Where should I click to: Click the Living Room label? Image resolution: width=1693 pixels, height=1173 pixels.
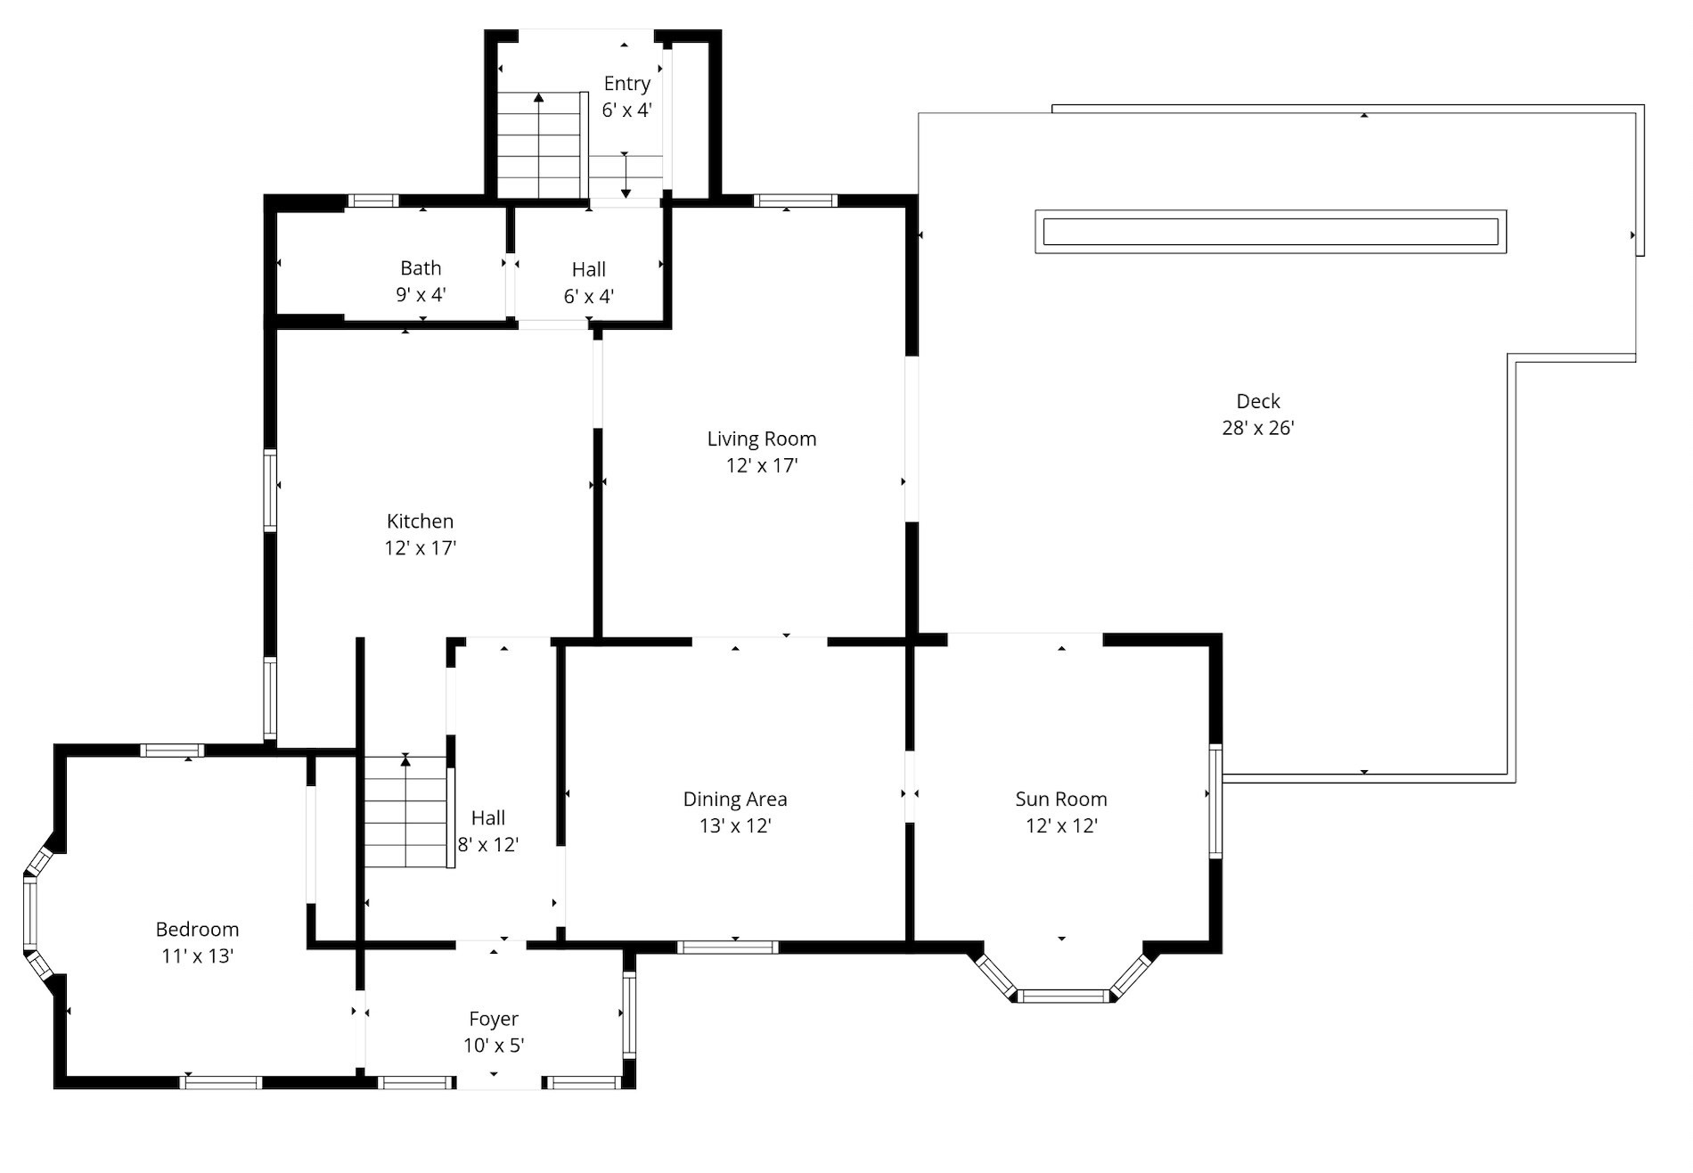tap(761, 439)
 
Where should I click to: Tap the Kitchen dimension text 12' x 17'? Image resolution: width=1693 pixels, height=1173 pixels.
tap(420, 548)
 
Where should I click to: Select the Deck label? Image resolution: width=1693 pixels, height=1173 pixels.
tap(1257, 401)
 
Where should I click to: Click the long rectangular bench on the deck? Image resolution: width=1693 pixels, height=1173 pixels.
tap(1270, 232)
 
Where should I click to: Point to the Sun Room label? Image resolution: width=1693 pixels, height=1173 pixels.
tap(1060, 799)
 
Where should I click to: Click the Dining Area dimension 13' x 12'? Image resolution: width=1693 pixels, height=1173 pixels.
tap(734, 826)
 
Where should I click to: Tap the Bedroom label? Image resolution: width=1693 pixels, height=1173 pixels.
tap(197, 930)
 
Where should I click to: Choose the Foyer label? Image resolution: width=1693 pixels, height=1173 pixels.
tap(494, 1019)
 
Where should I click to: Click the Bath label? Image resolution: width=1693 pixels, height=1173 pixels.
tap(421, 268)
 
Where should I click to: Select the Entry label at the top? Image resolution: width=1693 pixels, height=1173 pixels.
tap(626, 84)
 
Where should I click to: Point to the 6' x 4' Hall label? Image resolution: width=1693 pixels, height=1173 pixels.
tap(588, 269)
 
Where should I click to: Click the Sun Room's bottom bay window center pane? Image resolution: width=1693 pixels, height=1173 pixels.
tap(1062, 996)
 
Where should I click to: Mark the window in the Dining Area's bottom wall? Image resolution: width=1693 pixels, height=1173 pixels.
tap(727, 947)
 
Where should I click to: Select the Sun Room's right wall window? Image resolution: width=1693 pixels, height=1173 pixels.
tap(1215, 801)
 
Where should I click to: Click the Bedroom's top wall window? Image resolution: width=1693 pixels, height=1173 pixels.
tap(173, 751)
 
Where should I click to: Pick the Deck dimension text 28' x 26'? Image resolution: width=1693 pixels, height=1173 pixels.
tap(1257, 429)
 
